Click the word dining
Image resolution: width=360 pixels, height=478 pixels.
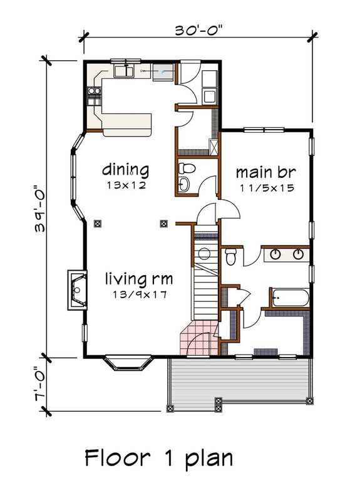[x=126, y=169]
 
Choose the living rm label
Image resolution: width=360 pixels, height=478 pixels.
[x=138, y=278]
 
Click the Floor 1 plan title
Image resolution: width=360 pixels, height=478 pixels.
[x=158, y=457]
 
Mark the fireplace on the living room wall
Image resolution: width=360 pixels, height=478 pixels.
[x=77, y=291]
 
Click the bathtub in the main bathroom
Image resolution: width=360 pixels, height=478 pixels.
[x=289, y=298]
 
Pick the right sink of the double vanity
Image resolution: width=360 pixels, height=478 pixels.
[x=299, y=254]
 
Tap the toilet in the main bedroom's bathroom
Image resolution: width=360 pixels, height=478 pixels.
[x=231, y=256]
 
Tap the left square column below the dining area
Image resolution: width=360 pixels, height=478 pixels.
[x=97, y=222]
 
